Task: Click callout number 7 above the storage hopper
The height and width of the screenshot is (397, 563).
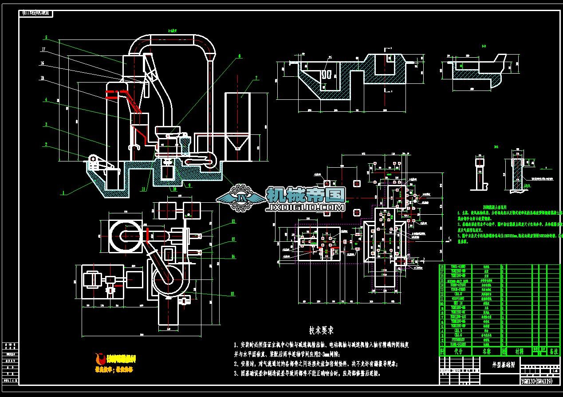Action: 256,79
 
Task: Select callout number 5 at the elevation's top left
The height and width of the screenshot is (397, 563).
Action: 46,37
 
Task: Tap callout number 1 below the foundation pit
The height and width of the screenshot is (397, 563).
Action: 63,193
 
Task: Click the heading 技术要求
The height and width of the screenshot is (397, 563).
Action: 322,330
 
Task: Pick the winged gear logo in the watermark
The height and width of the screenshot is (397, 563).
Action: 242,198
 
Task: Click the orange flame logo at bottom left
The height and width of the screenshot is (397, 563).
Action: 101,358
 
